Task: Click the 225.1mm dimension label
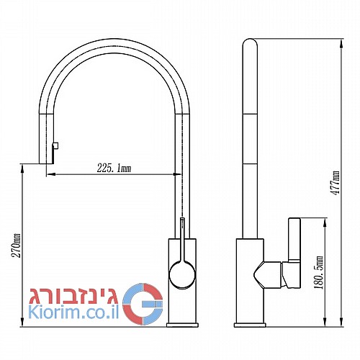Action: pos(114,168)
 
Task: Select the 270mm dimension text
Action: pos(17,246)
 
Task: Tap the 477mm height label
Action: pos(335,183)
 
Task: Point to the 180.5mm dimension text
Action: pos(319,272)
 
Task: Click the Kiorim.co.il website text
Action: pos(73,312)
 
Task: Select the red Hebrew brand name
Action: pos(73,296)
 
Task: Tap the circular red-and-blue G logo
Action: pos(143,304)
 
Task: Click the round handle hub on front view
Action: pos(182,275)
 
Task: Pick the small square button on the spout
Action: pos(55,145)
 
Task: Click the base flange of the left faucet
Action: pos(183,325)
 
